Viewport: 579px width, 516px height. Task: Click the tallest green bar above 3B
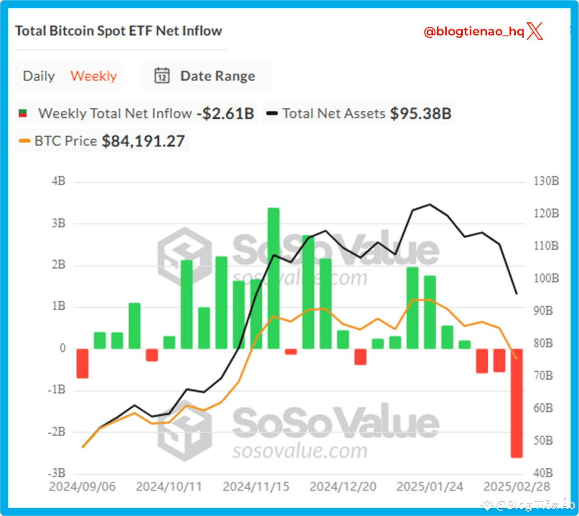(274, 278)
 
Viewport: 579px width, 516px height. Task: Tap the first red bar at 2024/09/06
(83, 363)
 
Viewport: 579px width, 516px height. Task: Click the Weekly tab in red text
(94, 76)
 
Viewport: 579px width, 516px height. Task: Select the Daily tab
(39, 76)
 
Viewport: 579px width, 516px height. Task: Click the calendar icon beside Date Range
(162, 76)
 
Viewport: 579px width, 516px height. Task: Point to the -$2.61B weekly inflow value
(225, 114)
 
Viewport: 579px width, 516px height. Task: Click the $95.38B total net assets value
(421, 114)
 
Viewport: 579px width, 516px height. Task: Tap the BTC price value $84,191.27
(143, 141)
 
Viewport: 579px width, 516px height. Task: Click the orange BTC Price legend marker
(24, 141)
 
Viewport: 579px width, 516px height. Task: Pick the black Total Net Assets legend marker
(272, 114)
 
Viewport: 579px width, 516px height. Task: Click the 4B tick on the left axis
(58, 181)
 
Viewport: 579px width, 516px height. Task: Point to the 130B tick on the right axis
(546, 181)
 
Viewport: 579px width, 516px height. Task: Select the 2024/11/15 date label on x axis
(256, 486)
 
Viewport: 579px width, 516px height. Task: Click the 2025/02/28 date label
(516, 486)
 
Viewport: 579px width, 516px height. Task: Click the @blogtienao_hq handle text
(473, 32)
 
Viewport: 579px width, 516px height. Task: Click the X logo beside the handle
(535, 31)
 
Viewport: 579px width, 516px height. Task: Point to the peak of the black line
(430, 204)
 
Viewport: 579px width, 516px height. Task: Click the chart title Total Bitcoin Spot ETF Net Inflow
(118, 31)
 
